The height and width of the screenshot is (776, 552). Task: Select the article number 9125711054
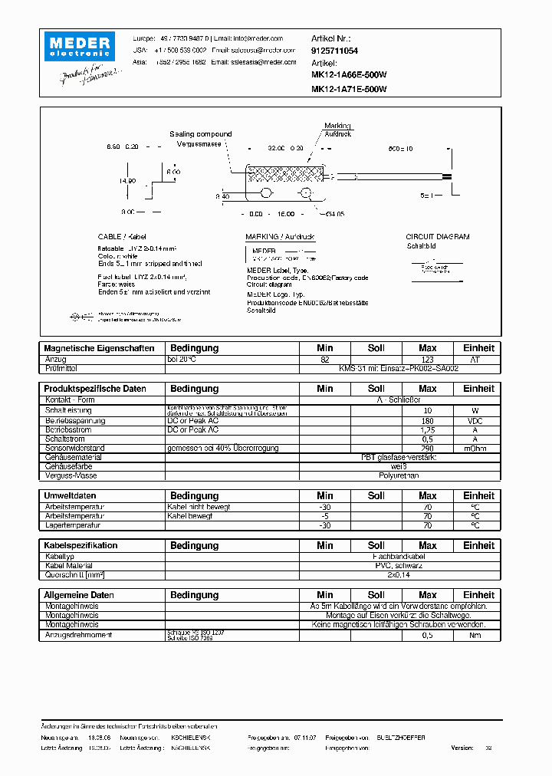tap(335, 50)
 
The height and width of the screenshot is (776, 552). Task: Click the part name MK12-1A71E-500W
tap(349, 89)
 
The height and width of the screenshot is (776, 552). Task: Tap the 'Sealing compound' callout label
tap(200, 134)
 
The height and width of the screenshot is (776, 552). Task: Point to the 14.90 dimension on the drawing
tap(127, 181)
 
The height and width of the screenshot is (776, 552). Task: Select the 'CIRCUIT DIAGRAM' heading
tap(437, 237)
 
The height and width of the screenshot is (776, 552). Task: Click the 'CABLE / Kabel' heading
tap(122, 237)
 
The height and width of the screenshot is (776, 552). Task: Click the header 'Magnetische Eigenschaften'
tap(99, 348)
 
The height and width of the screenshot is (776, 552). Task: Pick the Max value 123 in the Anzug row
tap(427, 359)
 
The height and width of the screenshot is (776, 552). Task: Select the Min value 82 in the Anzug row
tap(324, 359)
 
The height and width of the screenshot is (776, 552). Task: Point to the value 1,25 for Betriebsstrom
tap(427, 429)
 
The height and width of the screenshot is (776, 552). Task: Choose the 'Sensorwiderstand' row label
tap(74, 448)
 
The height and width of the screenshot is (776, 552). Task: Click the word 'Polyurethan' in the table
tap(399, 475)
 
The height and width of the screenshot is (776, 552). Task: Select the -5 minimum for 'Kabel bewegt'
tap(324, 516)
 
